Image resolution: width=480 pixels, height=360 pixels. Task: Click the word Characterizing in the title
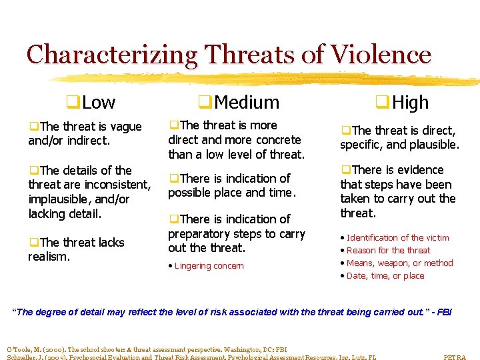point(112,55)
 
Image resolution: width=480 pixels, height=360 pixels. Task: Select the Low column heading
point(99,103)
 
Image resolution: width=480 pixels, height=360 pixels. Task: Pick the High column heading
point(410,103)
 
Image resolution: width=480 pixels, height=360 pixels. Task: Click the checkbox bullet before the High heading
point(382,103)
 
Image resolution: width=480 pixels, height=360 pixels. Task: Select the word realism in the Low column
point(48,257)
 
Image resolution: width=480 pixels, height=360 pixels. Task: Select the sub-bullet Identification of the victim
point(397,238)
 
